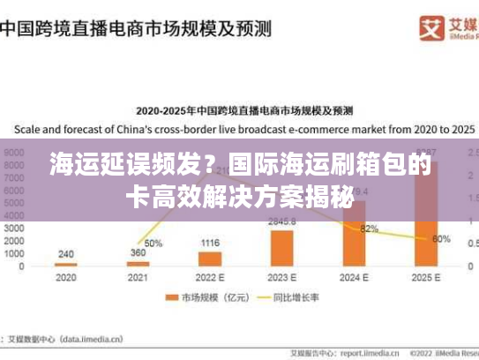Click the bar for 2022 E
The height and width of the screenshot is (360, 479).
[x=210, y=259]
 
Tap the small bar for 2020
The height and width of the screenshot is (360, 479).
[x=66, y=264]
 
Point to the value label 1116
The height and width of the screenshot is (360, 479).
[x=210, y=243]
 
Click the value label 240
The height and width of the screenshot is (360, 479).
[x=66, y=254]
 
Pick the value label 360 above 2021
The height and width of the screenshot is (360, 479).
[x=138, y=253]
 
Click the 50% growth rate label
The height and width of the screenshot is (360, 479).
[x=153, y=243]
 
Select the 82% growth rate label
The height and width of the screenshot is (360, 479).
[x=369, y=229]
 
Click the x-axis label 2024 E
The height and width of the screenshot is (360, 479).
[x=355, y=277]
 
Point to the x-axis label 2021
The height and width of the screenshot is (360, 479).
[x=138, y=277]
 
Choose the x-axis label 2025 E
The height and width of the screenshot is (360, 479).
[x=427, y=277]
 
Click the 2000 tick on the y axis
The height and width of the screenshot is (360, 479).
[x=16, y=240]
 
